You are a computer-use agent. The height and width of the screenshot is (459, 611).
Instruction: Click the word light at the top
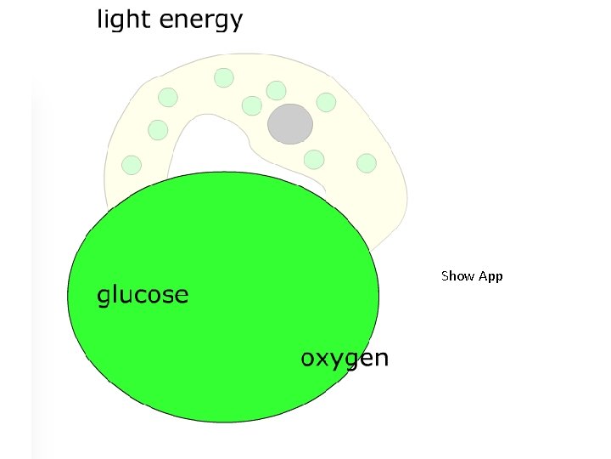coord(123,20)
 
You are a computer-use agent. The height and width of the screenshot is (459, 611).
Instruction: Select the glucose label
coord(142,296)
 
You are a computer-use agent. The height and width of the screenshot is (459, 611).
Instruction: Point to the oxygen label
coord(345,359)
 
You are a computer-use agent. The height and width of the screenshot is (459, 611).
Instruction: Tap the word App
coord(491,277)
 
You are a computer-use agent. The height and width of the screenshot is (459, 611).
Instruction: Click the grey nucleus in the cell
coord(290,124)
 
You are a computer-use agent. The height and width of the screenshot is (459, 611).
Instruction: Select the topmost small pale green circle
coord(223,77)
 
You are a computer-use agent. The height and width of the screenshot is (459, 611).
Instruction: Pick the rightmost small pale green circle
coord(367,162)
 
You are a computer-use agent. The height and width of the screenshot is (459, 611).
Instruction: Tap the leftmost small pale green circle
coord(132,165)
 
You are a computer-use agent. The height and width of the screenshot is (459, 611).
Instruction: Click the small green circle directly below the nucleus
coord(314,159)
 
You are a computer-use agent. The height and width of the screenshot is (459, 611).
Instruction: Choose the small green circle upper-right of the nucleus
coord(326,103)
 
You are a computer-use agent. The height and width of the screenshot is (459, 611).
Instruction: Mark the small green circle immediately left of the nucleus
coord(251,105)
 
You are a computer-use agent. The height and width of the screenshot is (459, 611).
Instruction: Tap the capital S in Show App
coord(446,276)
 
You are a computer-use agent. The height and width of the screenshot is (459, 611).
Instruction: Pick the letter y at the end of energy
coord(235,22)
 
